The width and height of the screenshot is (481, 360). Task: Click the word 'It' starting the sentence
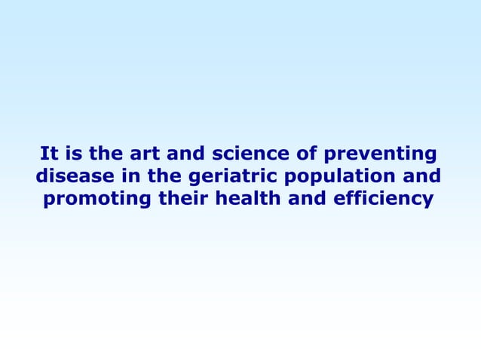49,155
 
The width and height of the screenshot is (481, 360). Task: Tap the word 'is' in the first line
74,155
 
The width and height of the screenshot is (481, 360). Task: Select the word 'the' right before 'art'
106,155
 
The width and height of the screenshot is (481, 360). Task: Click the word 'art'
143,155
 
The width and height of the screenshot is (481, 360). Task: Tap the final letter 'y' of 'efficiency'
430,203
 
